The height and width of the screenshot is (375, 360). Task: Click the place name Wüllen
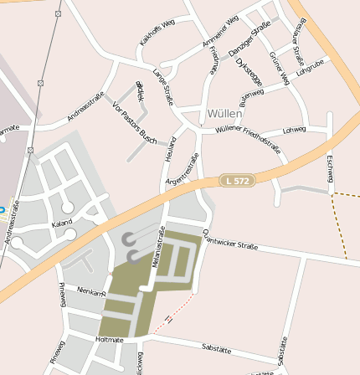coord(224,112)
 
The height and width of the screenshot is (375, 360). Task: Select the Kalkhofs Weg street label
coord(157,33)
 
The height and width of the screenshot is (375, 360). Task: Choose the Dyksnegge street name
coord(249,70)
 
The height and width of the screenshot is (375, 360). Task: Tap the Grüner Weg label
coord(279,68)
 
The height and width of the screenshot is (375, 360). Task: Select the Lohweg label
coord(294,130)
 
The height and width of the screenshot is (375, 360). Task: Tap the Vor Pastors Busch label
coord(134,121)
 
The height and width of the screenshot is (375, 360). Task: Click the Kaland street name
coord(61,223)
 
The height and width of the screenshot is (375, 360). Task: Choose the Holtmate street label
coord(110,340)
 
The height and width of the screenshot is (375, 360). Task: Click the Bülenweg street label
coord(251,98)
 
